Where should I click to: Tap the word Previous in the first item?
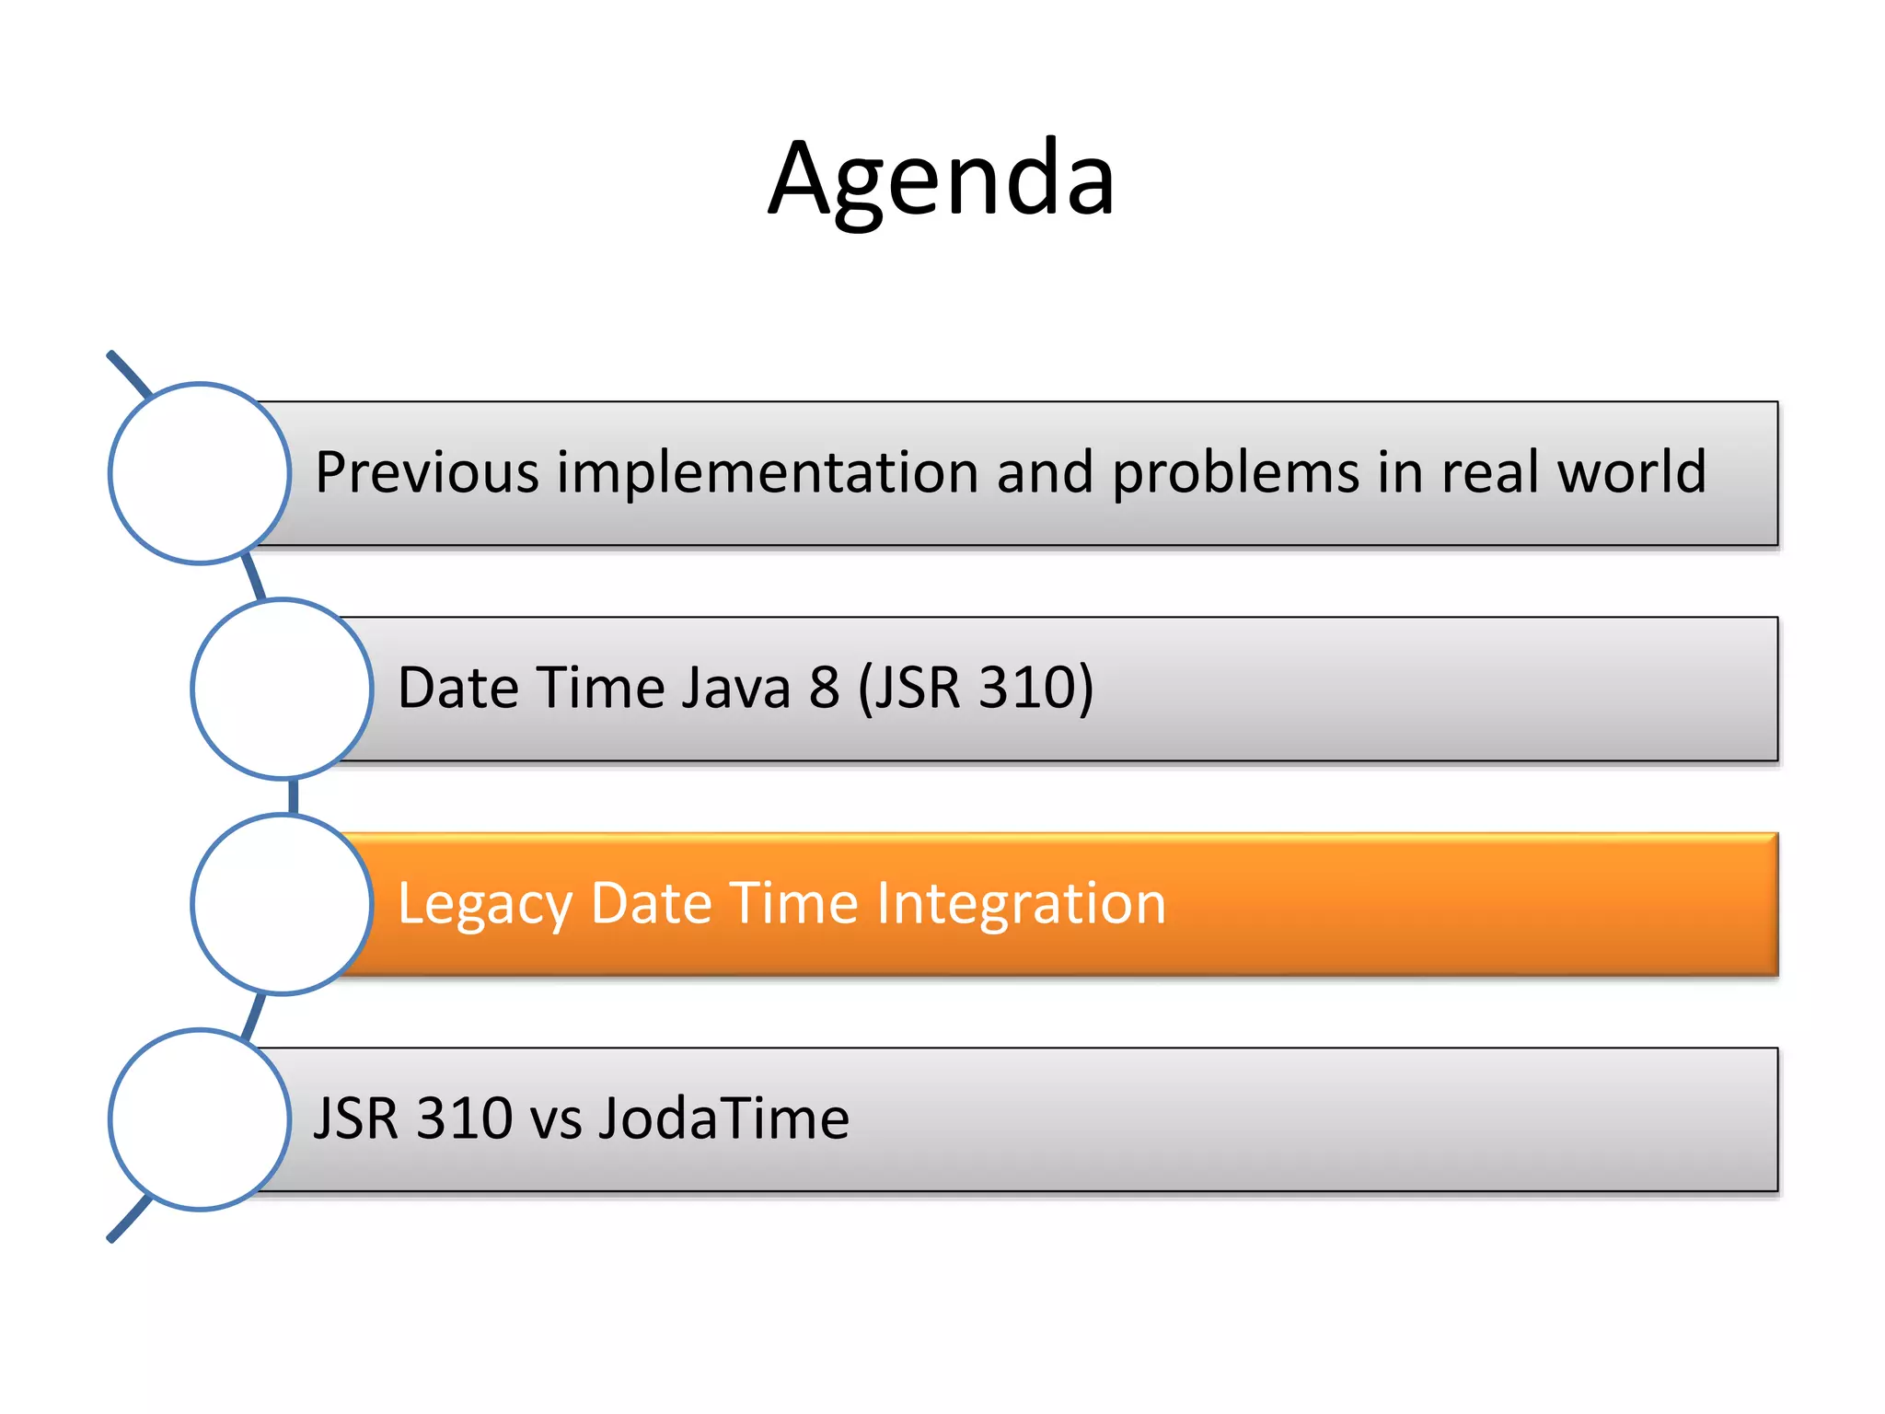click(426, 472)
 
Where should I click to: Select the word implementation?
click(767, 472)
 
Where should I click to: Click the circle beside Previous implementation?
click(200, 473)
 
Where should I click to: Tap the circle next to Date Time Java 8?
click(282, 689)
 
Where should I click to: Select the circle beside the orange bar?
click(282, 904)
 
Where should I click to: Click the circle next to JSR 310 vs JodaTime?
click(200, 1119)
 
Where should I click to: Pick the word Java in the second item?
click(735, 688)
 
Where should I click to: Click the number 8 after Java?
click(825, 688)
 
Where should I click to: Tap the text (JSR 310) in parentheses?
click(976, 688)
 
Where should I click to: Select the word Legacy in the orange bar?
click(484, 905)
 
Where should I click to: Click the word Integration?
click(1021, 905)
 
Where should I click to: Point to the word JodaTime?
click(723, 1119)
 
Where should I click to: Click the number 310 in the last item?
click(464, 1119)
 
